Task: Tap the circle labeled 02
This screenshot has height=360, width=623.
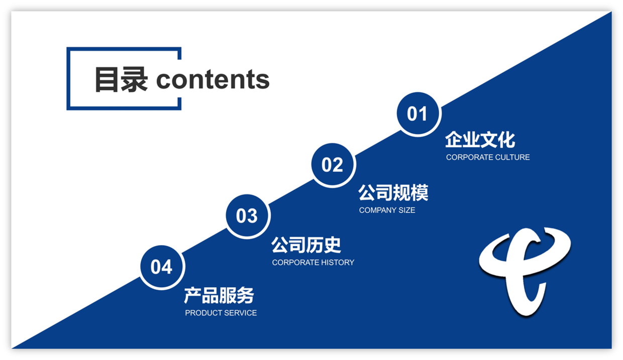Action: (x=333, y=165)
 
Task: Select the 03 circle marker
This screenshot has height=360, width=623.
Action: (x=247, y=216)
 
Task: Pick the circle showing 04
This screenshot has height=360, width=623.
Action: (x=161, y=267)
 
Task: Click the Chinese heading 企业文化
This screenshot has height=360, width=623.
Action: (x=480, y=140)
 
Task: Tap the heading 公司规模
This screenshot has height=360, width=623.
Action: (x=393, y=193)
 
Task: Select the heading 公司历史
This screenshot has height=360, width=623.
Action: (x=306, y=245)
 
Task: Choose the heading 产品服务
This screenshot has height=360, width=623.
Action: (x=219, y=296)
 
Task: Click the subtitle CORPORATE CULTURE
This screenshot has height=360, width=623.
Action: (x=488, y=157)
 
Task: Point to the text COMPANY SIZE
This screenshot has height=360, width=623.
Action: (x=387, y=210)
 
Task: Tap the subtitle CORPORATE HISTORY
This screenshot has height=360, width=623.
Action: (x=313, y=263)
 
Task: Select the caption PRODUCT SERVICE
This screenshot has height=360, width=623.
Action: (x=221, y=313)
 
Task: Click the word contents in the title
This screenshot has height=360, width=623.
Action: (x=213, y=79)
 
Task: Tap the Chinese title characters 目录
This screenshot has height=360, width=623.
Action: (x=121, y=79)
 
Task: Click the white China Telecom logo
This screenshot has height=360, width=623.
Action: (x=525, y=271)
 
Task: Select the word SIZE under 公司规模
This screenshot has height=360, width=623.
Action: (x=406, y=210)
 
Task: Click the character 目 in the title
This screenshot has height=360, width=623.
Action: (x=107, y=79)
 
